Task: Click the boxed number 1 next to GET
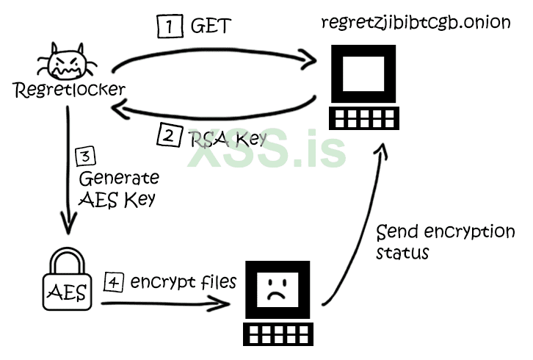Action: [x=170, y=26]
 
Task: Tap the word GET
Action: [x=211, y=27]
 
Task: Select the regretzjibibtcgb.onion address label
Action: [x=416, y=21]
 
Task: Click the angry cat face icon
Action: [x=65, y=64]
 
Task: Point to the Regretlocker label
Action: [x=69, y=91]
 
